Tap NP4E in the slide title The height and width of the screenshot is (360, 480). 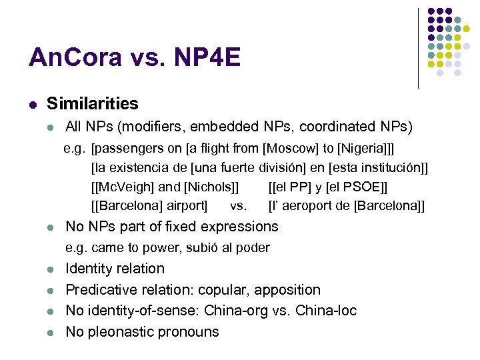coord(207,59)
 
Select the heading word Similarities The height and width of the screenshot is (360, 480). coord(93,103)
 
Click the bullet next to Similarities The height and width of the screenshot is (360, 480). coord(32,104)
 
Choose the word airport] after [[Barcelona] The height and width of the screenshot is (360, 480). coord(185,206)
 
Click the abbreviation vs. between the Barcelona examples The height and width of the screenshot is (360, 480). coord(238,206)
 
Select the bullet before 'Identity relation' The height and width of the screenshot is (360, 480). coord(50,270)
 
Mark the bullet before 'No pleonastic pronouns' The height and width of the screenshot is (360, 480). coord(50,333)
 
